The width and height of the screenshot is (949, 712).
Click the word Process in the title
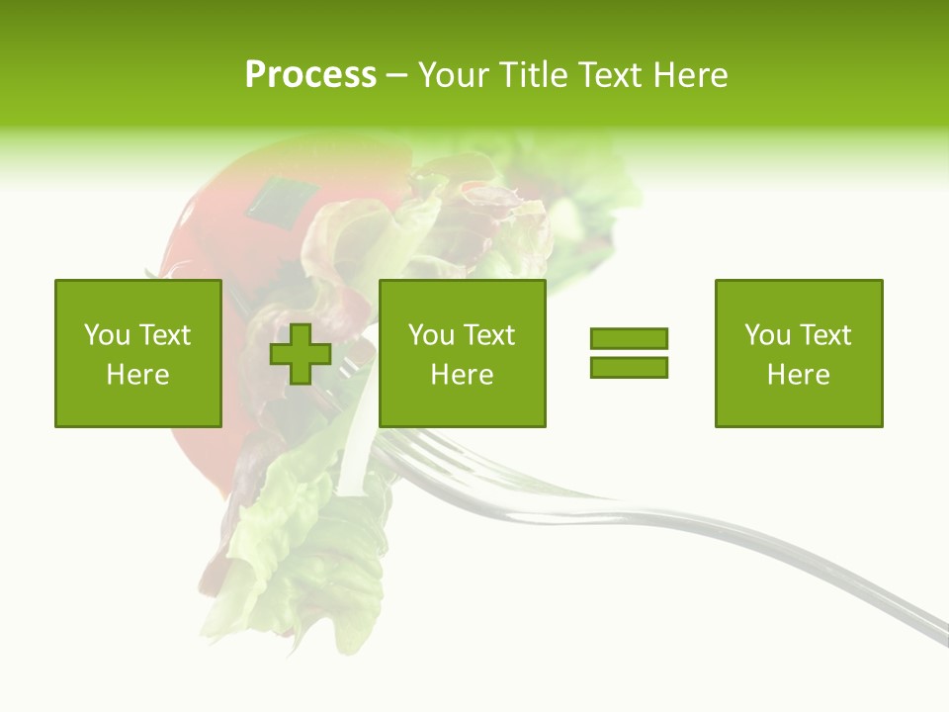pyautogui.click(x=310, y=75)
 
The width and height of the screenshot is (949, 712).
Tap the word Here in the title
pyautogui.click(x=688, y=75)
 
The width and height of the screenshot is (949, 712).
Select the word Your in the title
pyautogui.click(x=450, y=75)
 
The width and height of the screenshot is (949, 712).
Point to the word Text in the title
pyautogui.click(x=609, y=75)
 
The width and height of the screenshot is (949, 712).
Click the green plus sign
pyautogui.click(x=301, y=353)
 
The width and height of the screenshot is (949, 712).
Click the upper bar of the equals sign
pyautogui.click(x=629, y=338)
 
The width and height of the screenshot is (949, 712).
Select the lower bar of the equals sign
pyautogui.click(x=629, y=367)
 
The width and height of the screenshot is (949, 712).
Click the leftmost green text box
pyautogui.click(x=137, y=353)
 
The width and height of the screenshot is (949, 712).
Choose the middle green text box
pyautogui.click(x=462, y=353)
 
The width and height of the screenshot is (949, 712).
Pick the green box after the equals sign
pyautogui.click(x=798, y=353)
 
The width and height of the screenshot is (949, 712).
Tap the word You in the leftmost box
pyautogui.click(x=106, y=335)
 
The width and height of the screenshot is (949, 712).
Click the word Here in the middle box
pyautogui.click(x=462, y=375)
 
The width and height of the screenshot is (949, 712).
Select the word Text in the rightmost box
pyautogui.click(x=825, y=335)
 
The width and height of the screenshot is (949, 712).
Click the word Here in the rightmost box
pyautogui.click(x=798, y=375)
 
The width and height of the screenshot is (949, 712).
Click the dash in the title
pyautogui.click(x=396, y=75)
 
